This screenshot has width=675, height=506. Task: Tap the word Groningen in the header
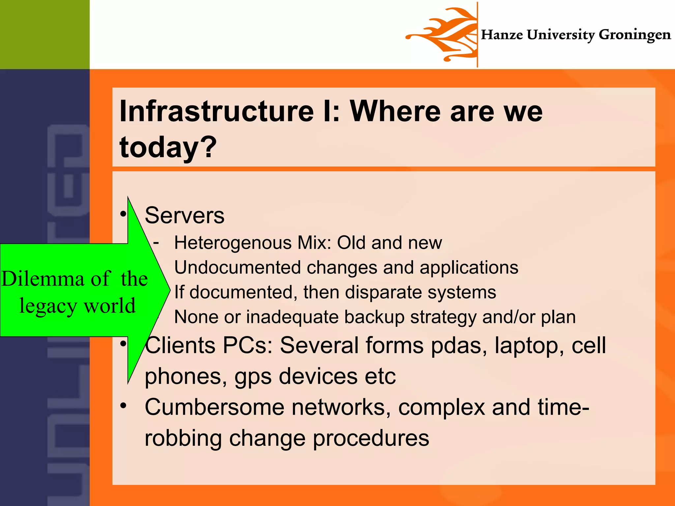pos(634,35)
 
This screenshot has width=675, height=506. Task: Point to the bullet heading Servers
pos(185,215)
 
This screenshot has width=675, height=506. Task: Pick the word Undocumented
pos(237,267)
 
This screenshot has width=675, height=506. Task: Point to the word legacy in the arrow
pos(48,306)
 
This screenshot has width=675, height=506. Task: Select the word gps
pos(253,377)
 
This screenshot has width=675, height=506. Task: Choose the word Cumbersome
pos(214,407)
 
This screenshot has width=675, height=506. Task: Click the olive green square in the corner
pos(44,34)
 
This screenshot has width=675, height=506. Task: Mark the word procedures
pos(371,438)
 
